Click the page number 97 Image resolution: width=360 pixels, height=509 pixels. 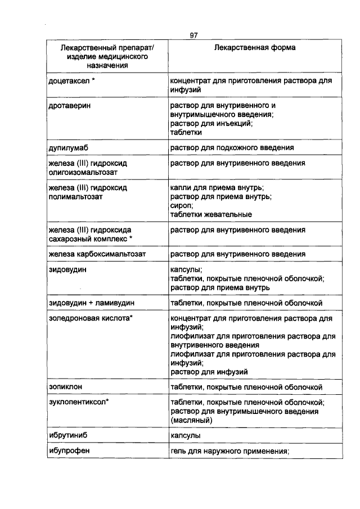click(x=193, y=35)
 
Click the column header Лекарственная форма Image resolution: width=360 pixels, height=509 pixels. click(x=255, y=48)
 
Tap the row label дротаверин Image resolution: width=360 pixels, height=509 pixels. click(x=70, y=105)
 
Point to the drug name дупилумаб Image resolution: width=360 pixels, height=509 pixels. click(x=69, y=148)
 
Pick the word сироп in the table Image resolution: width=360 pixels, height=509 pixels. click(x=181, y=206)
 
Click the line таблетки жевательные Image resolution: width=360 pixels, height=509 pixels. click(x=211, y=215)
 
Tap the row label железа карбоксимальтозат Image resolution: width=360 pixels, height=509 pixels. click(x=97, y=254)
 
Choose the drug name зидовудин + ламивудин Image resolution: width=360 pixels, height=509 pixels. click(x=92, y=303)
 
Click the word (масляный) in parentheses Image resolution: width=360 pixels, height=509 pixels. click(x=190, y=420)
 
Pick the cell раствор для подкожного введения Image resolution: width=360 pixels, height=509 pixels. click(x=232, y=148)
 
